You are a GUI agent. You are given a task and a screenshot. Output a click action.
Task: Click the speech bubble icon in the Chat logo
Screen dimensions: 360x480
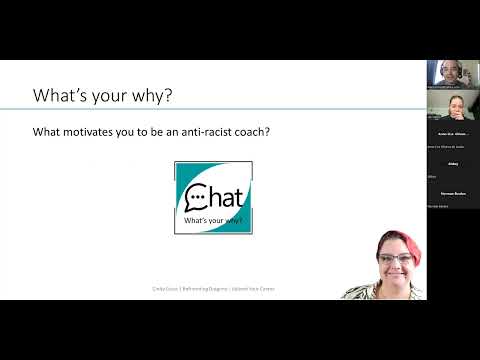pyautogui.click(x=195, y=193)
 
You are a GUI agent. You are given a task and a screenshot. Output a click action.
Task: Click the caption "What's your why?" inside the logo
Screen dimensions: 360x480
pyautogui.click(x=212, y=218)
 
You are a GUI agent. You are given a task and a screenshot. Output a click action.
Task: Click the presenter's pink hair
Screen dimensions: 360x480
pyautogui.click(x=390, y=240)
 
